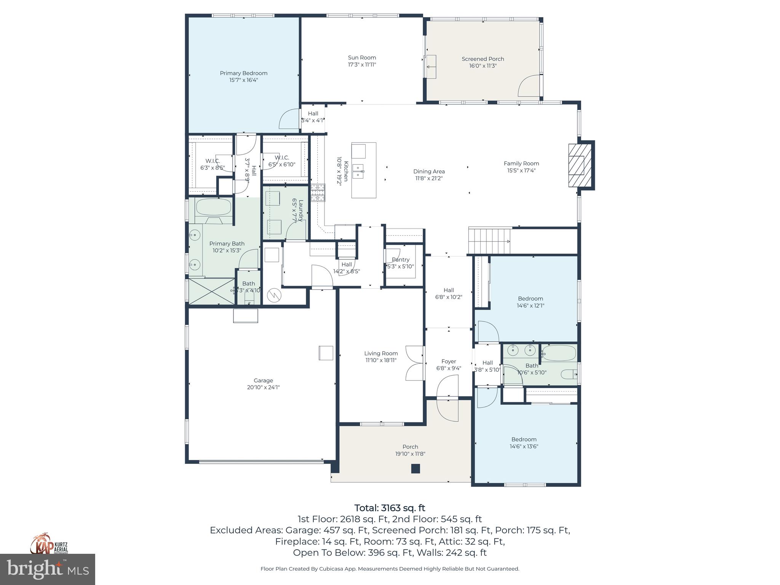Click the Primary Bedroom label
point(243,73)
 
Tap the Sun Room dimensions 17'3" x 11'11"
point(362,65)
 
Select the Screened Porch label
point(483,59)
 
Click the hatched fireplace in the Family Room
point(576,165)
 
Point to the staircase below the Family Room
point(489,241)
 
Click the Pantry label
point(400,260)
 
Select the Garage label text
point(263,380)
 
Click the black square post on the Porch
point(415,468)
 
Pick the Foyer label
point(448,361)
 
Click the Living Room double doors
point(414,363)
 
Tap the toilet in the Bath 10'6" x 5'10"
point(570,374)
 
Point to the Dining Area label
point(429,171)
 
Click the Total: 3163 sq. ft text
point(390,508)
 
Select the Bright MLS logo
point(47,569)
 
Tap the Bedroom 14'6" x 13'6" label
point(524,439)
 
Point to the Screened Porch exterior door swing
point(529,86)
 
